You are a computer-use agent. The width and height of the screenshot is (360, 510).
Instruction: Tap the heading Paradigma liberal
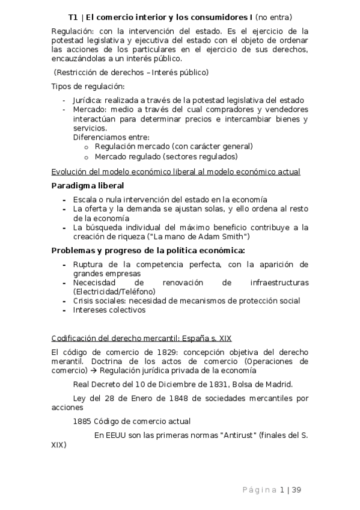click(x=88, y=185)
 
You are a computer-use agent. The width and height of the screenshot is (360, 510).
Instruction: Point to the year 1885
click(x=82, y=422)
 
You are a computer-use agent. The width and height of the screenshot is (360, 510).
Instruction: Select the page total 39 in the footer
click(x=296, y=489)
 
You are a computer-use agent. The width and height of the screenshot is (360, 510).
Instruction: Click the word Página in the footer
click(x=259, y=489)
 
